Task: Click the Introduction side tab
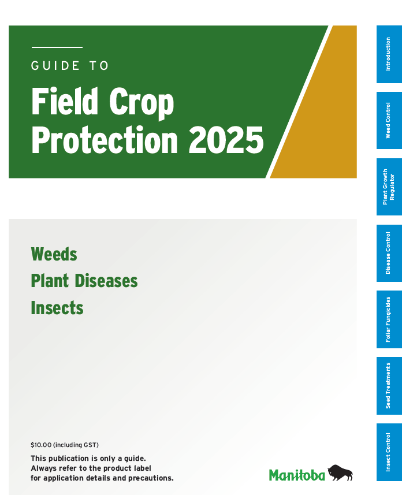coord(389,54)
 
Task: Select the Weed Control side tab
coord(389,120)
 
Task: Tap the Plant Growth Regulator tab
coord(389,187)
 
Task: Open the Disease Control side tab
coord(389,253)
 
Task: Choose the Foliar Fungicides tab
coord(389,319)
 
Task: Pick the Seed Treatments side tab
coord(389,386)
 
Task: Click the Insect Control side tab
coord(389,452)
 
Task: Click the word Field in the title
coord(65,102)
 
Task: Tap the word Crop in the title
coord(140,102)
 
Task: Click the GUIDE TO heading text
coord(70,66)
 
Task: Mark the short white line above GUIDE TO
coord(57,47)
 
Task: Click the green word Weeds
coord(54,254)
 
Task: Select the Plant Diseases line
coord(84,281)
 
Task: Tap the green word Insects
coord(57,308)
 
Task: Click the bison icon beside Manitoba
coord(340,472)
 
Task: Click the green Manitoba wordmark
coord(297,475)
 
